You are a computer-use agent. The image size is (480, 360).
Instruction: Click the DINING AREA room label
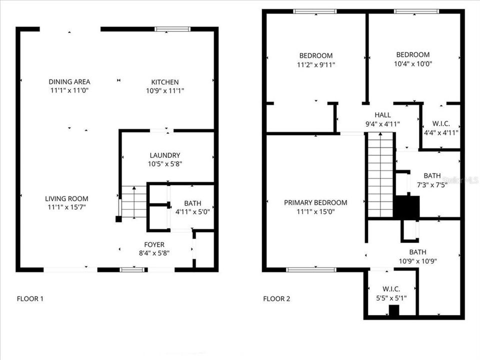tap(69, 81)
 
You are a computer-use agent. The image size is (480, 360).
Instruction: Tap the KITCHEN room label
tap(165, 82)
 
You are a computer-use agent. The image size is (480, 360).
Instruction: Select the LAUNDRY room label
tap(165, 155)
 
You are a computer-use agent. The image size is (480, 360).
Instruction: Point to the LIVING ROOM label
tap(66, 198)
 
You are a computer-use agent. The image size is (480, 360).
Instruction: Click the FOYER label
tap(154, 244)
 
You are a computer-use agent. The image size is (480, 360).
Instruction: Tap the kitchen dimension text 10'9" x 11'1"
tap(165, 90)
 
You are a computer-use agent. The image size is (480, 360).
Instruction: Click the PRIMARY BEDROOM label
tap(315, 202)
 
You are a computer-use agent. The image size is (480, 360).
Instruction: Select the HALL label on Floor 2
tap(382, 115)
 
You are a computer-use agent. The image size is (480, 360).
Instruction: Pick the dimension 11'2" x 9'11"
tap(316, 64)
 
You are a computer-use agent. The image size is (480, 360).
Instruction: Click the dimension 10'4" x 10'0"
tap(413, 63)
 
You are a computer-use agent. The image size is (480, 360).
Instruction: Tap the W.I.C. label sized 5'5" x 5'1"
tap(391, 289)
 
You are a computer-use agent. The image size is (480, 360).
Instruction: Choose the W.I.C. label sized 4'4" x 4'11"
tap(441, 123)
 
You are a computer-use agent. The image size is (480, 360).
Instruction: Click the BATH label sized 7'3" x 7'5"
tap(432, 175)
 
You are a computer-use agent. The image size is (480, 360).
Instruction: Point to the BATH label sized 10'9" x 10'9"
tap(418, 252)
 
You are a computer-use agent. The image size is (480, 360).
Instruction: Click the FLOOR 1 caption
tap(30, 299)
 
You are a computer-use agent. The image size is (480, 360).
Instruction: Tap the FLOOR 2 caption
tap(276, 299)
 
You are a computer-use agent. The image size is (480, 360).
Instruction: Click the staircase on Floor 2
tap(380, 175)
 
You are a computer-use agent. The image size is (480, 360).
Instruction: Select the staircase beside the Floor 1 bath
tap(134, 201)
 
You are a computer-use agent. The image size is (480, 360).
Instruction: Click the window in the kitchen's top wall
tap(172, 29)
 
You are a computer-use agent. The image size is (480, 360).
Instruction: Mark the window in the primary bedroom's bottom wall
tap(311, 269)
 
